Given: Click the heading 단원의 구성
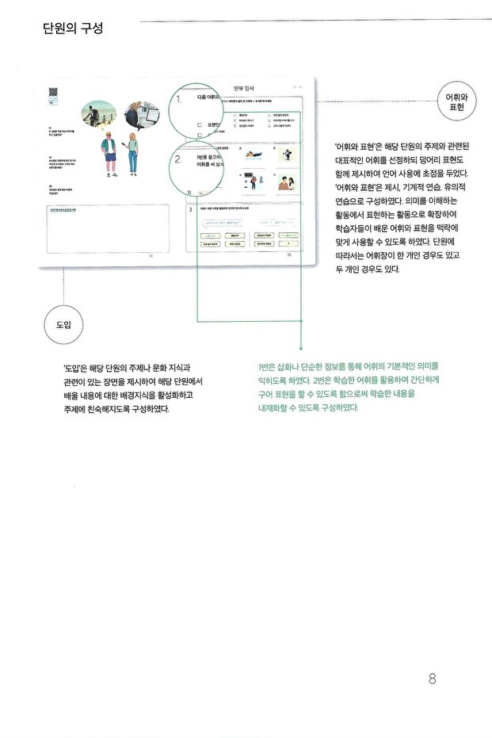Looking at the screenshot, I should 74,29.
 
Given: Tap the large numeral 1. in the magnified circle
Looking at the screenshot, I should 180,100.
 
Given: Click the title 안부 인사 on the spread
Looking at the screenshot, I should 245,87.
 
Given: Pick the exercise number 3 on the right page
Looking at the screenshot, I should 190,209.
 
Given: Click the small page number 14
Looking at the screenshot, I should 151,256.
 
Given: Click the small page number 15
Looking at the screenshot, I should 288,255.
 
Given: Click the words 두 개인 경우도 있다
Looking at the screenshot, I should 367,269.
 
